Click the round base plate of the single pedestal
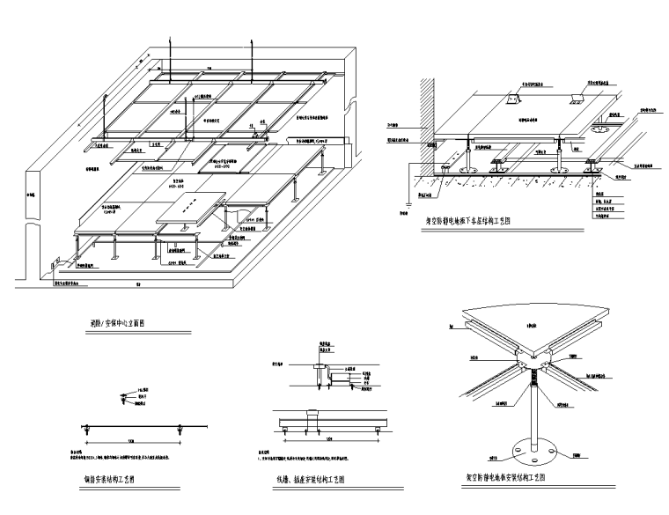coord(532,449)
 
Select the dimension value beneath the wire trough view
coord(330,438)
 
